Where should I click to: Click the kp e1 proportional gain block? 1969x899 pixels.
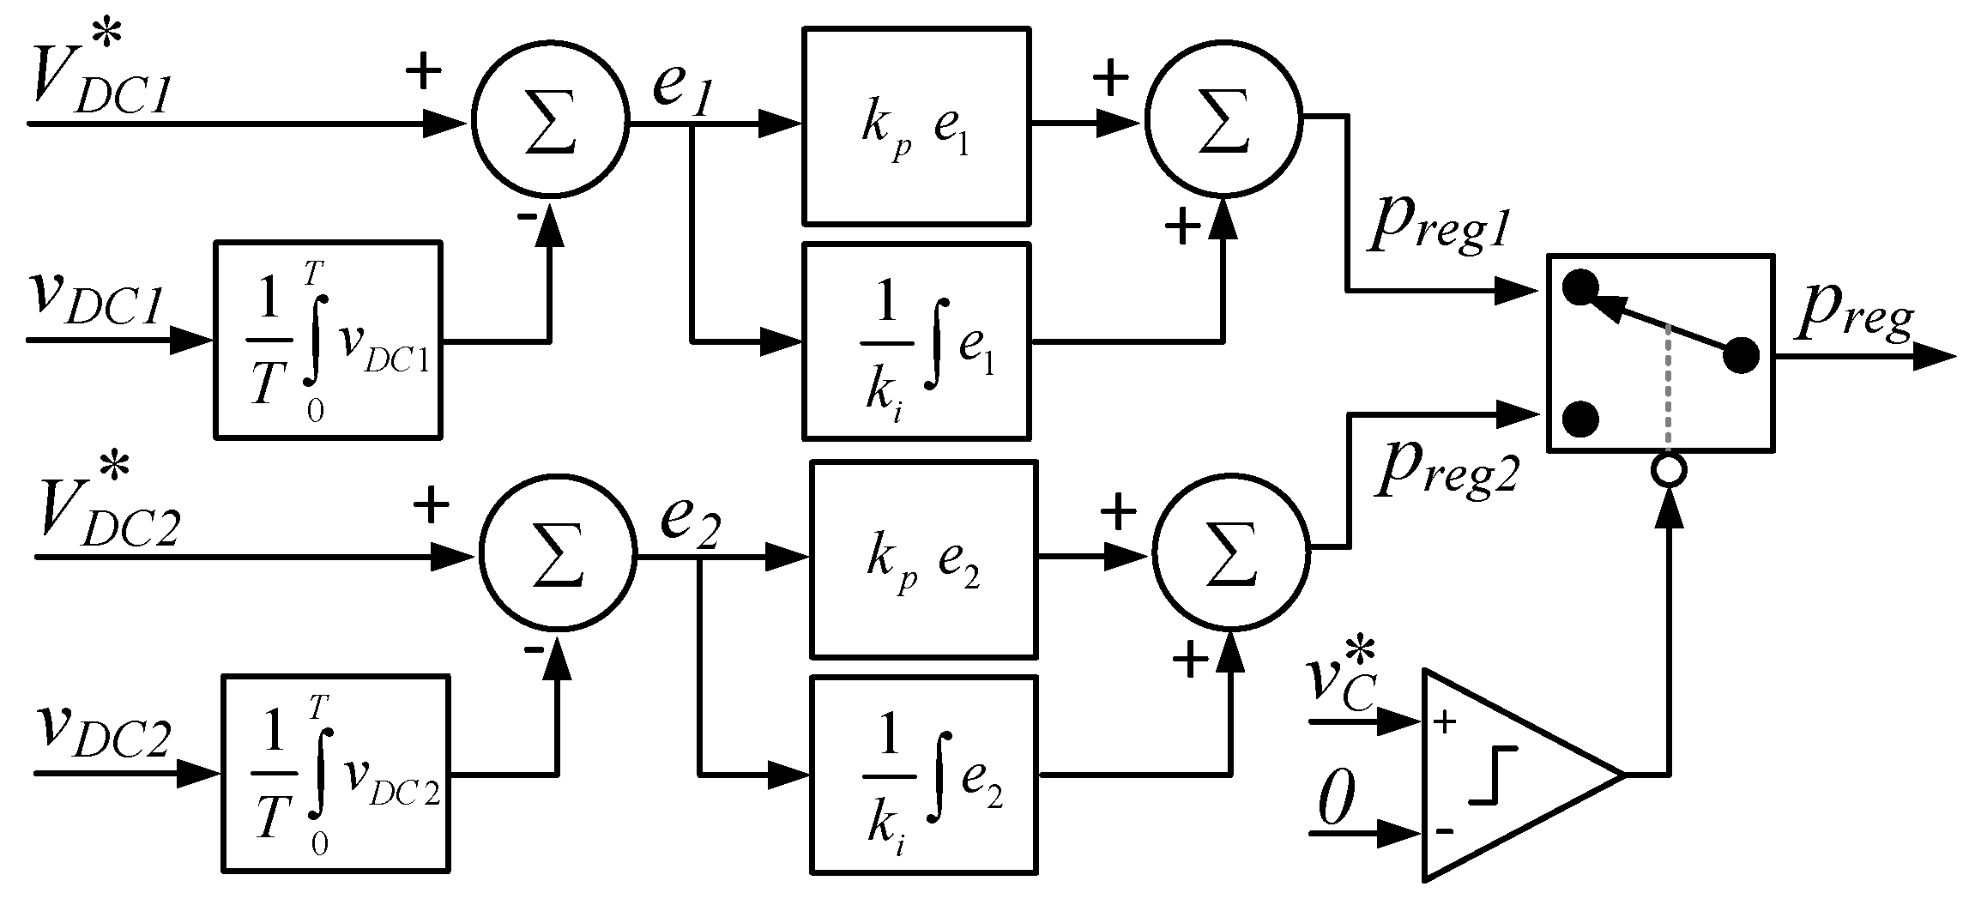915,126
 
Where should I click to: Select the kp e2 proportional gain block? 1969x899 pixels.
923,559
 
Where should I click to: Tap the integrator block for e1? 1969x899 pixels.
915,341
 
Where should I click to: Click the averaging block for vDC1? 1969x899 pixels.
328,341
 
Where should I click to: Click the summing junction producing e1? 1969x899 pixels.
550,124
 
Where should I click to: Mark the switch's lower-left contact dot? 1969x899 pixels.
1580,419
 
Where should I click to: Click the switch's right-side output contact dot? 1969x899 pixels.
1741,355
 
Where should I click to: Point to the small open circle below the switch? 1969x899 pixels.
1670,470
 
